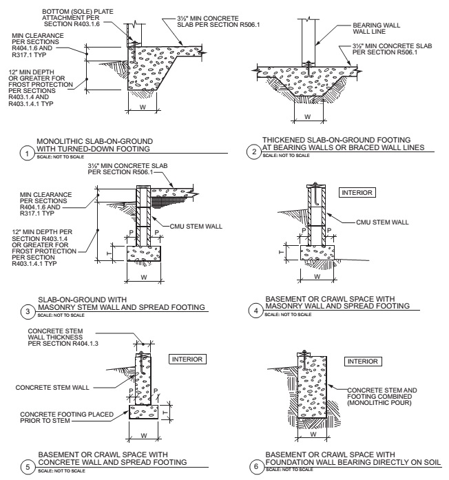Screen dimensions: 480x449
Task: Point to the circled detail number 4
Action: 255,311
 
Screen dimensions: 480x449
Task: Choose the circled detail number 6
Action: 255,467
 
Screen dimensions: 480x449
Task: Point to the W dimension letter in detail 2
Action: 307,114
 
